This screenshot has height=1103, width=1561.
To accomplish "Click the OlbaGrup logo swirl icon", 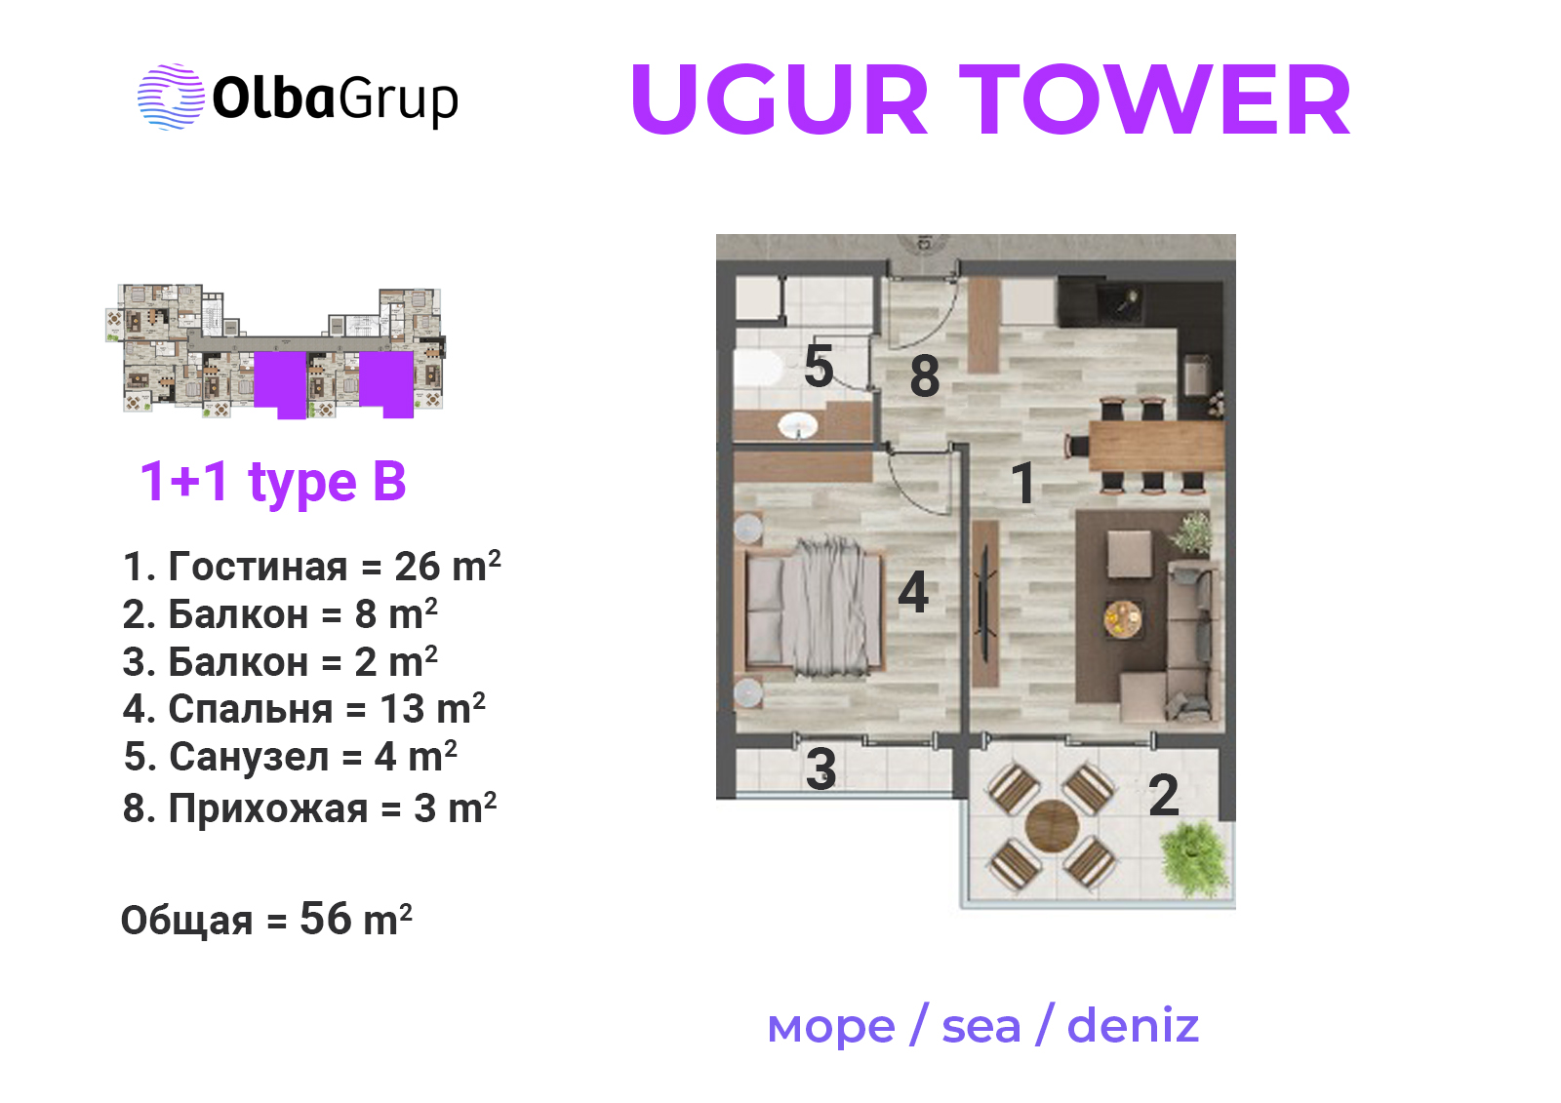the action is point(171,97).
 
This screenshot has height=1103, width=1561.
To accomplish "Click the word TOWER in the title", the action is point(1157,99).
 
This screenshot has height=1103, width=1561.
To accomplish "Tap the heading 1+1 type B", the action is point(272,482).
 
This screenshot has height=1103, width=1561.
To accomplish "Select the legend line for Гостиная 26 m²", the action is point(311,566).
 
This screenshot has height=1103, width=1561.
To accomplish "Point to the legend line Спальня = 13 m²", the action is point(303,709).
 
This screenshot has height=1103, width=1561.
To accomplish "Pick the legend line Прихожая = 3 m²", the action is point(310,808).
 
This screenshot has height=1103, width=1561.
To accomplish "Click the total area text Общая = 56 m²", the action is point(266,920).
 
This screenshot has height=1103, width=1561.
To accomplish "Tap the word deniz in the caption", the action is point(1133,1026).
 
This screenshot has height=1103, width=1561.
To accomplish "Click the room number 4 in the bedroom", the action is point(913,592).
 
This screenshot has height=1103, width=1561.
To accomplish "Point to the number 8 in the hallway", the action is point(925,376).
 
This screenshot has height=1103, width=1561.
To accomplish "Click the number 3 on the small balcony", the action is point(821,769).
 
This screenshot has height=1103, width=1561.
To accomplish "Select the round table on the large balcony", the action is point(1053,826).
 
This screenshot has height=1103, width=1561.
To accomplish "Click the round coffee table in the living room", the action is point(1123,618).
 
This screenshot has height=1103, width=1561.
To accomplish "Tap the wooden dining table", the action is point(1156,446).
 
